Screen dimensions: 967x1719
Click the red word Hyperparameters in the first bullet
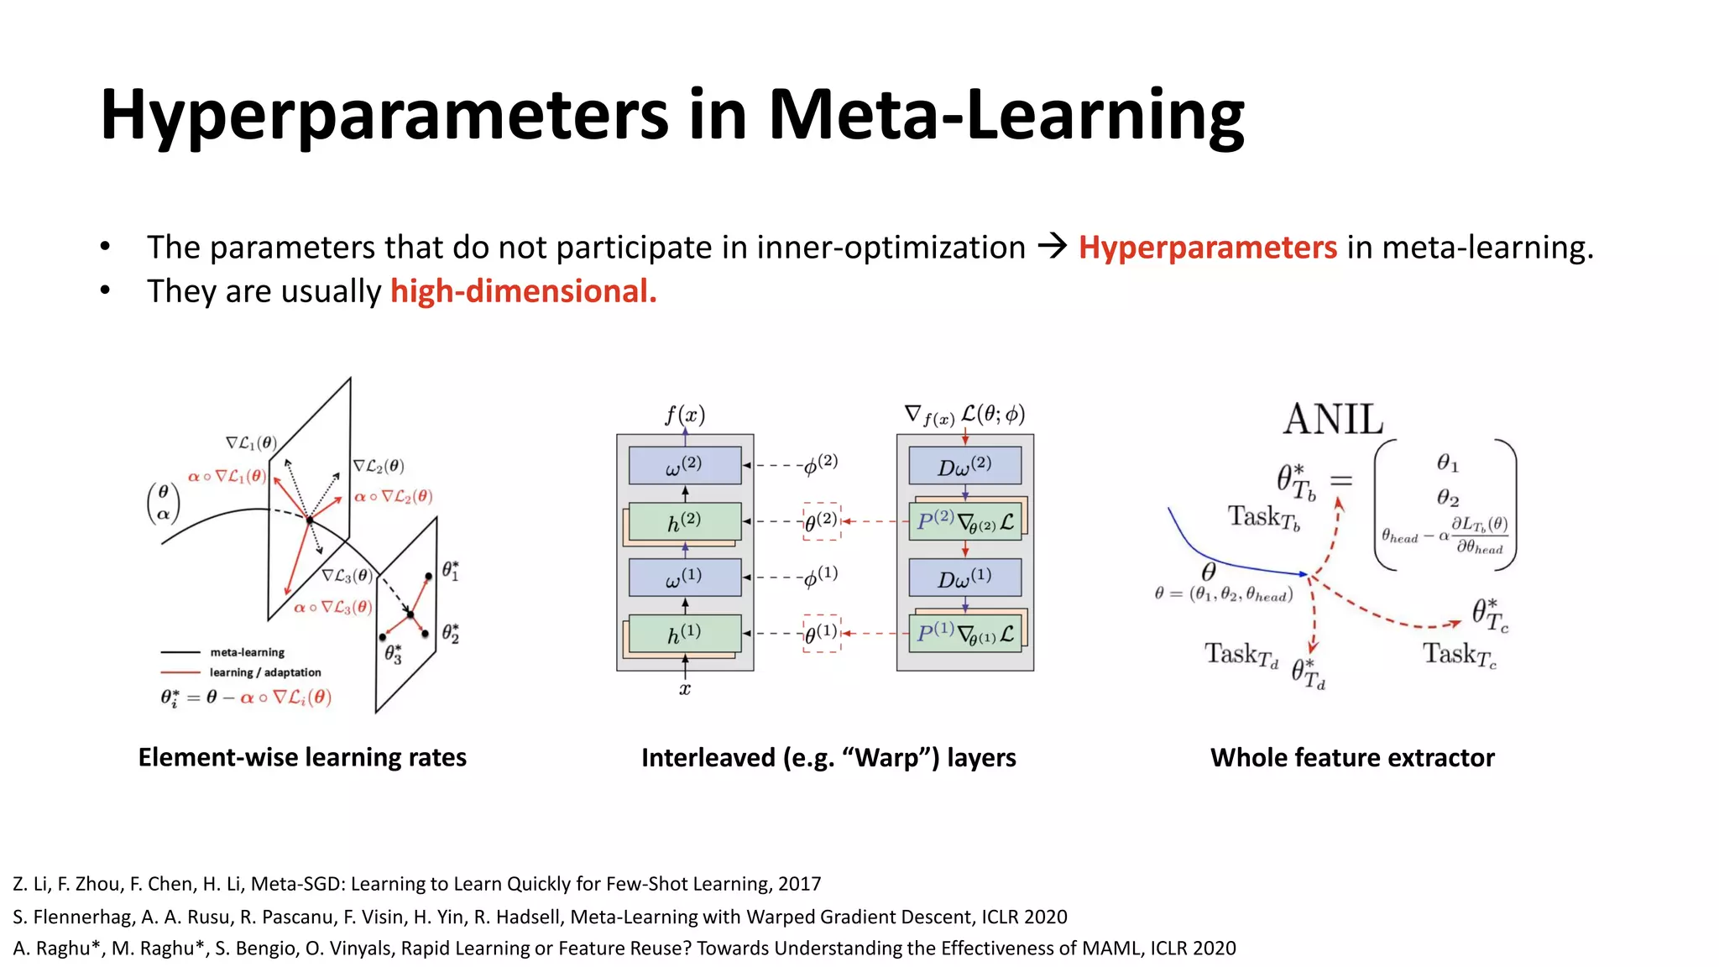pos(1207,248)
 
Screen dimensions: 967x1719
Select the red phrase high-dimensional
pos(523,291)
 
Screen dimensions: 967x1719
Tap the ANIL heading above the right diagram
pos(1333,419)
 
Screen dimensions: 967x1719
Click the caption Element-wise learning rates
pos(302,757)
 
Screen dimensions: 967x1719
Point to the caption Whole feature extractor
pos(1352,757)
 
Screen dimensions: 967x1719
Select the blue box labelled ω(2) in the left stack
pos(685,465)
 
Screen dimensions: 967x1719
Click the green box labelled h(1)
pos(685,634)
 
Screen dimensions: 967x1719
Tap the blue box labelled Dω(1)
pos(964,578)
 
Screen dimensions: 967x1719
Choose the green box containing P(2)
pos(964,521)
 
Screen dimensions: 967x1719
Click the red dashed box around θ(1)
pos(822,634)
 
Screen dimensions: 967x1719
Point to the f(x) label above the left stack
pos(685,415)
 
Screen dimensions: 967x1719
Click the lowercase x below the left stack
pos(685,689)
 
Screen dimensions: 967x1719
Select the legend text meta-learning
pos(247,652)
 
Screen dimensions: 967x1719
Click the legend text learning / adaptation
pos(265,672)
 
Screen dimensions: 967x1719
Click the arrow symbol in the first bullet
pos(1052,246)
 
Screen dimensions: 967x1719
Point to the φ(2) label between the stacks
pos(820,463)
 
